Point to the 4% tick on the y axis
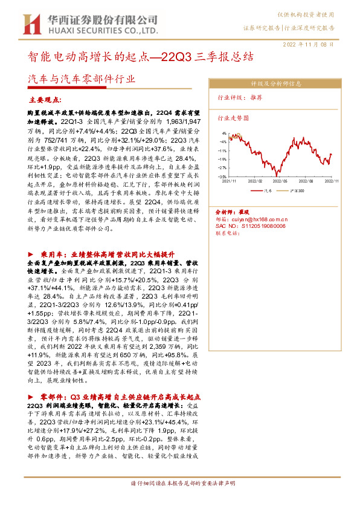pos(223,133)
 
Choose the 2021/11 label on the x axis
pos(230,181)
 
